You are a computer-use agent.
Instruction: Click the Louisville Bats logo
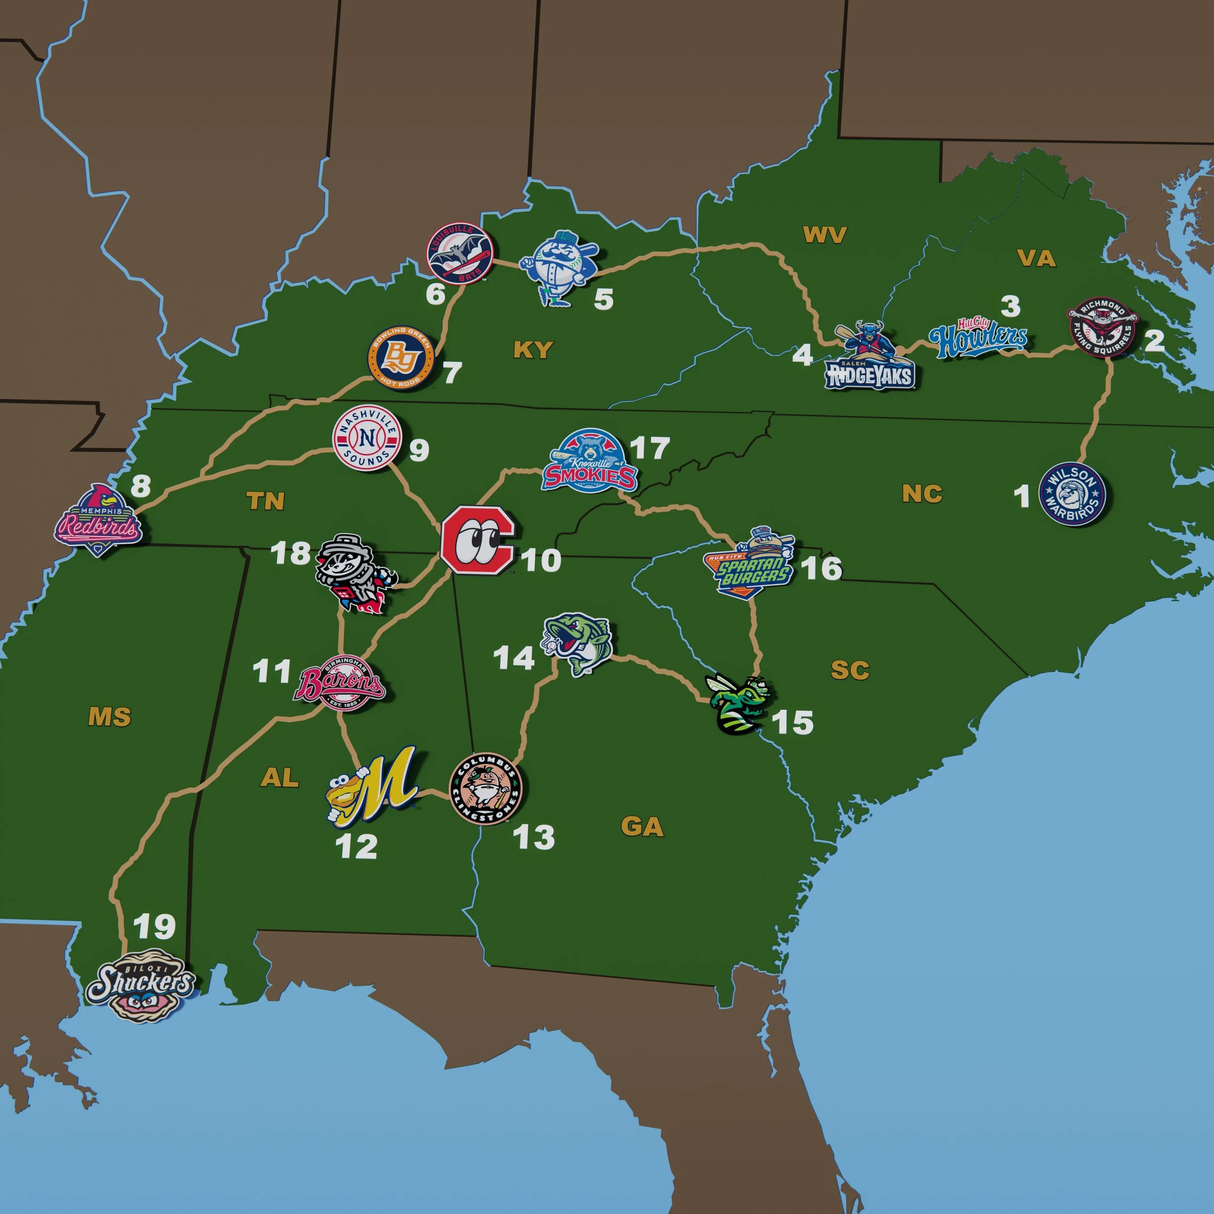(x=460, y=253)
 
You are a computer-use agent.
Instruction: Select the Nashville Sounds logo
(x=367, y=438)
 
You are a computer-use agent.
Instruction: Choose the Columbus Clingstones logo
(x=486, y=788)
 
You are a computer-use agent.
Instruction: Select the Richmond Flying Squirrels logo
(x=1103, y=328)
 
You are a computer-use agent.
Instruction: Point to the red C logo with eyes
(x=477, y=539)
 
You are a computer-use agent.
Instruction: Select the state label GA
(x=642, y=827)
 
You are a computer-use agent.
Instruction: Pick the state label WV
(x=825, y=235)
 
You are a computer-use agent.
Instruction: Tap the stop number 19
(x=154, y=926)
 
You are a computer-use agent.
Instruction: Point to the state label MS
(x=109, y=717)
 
